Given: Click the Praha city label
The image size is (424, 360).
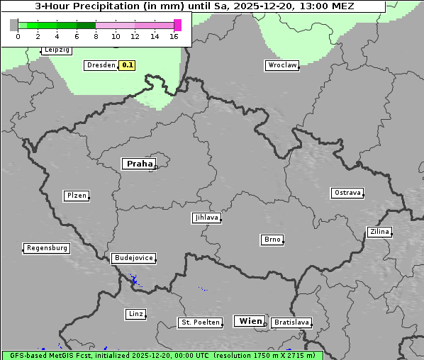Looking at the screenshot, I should [139, 164].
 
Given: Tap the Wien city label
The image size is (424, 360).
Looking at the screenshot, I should [250, 321].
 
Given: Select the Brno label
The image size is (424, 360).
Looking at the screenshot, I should [272, 240].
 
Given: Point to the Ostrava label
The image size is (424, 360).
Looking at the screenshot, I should [347, 193].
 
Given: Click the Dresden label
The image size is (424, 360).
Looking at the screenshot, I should [100, 64].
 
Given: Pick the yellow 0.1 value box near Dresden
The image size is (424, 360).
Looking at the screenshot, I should [127, 65].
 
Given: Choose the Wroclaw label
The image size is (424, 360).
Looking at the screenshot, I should [281, 65].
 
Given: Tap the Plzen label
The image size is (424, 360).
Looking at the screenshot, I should [76, 196].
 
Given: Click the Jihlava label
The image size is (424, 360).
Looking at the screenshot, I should [206, 218].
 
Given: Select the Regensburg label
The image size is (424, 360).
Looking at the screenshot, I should [47, 248].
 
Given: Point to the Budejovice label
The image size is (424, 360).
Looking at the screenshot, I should [133, 258].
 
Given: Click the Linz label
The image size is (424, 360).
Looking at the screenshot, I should [135, 313].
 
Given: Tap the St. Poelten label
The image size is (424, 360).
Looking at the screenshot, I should [196, 322].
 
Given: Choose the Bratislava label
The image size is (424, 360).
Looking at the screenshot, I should [291, 322].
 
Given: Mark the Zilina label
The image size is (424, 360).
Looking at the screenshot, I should [379, 232].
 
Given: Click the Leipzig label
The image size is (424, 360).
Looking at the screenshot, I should [56, 50].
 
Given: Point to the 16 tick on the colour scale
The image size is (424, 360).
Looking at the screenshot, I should [174, 35].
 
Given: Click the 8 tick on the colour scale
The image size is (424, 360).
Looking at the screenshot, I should [96, 35].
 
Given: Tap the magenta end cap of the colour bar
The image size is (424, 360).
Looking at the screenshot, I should [177, 25].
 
